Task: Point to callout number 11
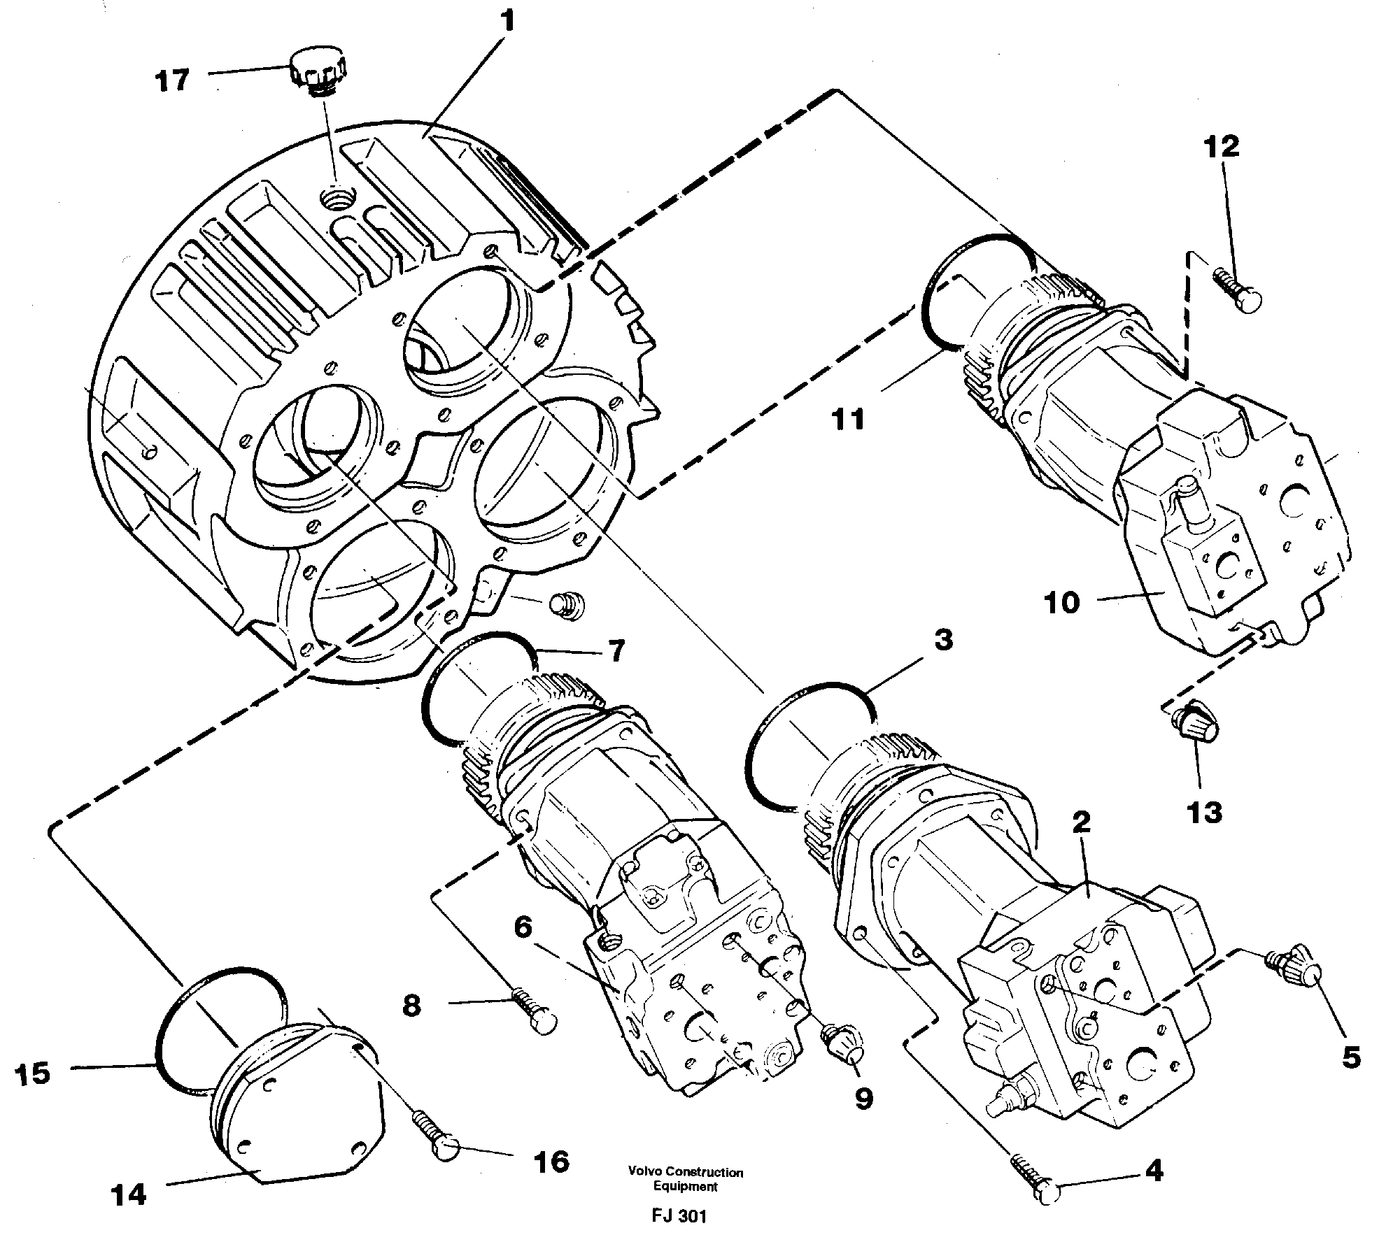pos(849,420)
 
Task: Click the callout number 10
pos(1062,602)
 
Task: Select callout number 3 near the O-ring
pos(943,640)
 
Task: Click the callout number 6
pos(523,928)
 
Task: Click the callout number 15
pos(33,1073)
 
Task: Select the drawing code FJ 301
pos(678,1216)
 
